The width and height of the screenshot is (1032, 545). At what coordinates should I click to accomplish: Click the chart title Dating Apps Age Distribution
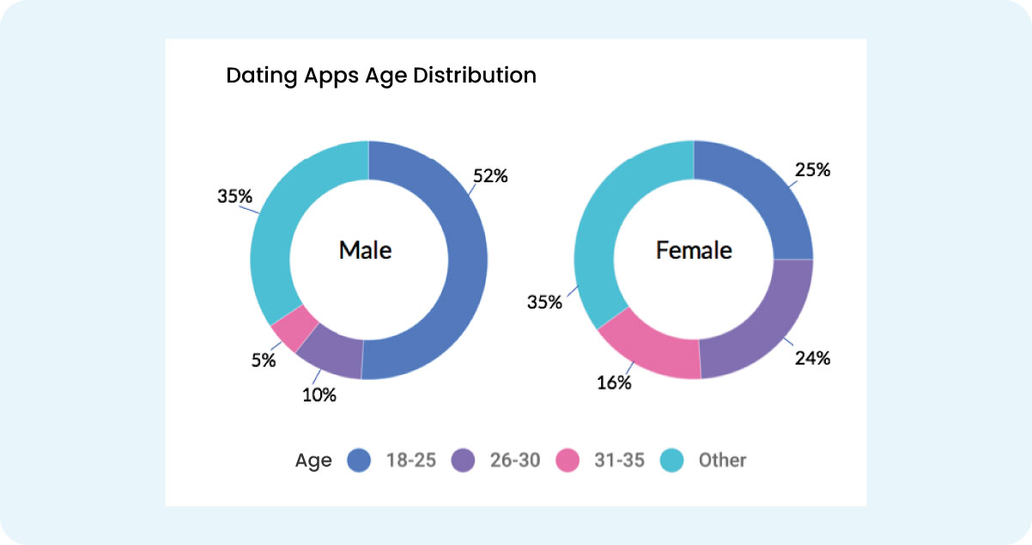pos(380,76)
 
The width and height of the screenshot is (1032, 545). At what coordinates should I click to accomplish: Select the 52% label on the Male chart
pos(490,176)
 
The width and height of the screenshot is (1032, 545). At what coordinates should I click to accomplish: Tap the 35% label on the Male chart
pos(234,197)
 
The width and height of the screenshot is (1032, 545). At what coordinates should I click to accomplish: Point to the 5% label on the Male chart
pos(264,361)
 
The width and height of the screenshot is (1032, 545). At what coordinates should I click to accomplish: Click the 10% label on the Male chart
pos(319,395)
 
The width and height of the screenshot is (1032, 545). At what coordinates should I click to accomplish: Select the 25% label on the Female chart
pos(812,170)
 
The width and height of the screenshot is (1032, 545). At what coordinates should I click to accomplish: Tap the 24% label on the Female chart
pos(812,358)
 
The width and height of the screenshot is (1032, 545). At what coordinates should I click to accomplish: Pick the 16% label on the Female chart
pos(614,383)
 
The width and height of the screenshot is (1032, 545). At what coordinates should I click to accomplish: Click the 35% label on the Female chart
pos(545,303)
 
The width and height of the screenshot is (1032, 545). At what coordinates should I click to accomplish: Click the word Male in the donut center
pos(365,250)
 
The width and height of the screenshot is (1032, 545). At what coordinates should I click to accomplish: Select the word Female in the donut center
pos(694,250)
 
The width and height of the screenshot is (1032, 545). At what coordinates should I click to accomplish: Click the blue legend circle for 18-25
pos(358,461)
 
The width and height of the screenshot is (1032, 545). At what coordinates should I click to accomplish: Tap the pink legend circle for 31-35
pos(568,461)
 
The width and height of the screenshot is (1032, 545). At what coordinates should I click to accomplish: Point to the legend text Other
pos(722,461)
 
